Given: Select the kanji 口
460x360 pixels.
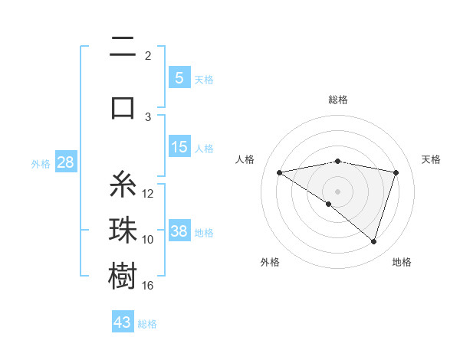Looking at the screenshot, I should pyautogui.click(x=123, y=106).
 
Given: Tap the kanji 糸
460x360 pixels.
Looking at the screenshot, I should pyautogui.click(x=123, y=185).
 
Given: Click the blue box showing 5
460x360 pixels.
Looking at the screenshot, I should pyautogui.click(x=179, y=77).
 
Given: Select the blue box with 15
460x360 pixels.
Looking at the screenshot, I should pyautogui.click(x=179, y=147).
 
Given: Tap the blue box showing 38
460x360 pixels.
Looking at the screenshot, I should pyautogui.click(x=179, y=231).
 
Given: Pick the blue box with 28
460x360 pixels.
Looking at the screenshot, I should pyautogui.click(x=64, y=162).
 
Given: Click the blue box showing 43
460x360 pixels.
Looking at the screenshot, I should pyautogui.click(x=123, y=322).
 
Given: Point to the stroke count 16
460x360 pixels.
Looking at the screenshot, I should pyautogui.click(x=148, y=286).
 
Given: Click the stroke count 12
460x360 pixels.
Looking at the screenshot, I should pyautogui.click(x=148, y=193).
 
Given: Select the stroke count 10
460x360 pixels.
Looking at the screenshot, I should pyautogui.click(x=148, y=240).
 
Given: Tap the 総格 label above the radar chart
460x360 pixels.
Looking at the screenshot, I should pyautogui.click(x=337, y=100).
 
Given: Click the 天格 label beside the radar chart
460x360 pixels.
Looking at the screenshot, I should pyautogui.click(x=432, y=159).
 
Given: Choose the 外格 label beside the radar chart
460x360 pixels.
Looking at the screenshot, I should pyautogui.click(x=270, y=262).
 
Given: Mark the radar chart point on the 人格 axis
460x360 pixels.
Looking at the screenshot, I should pyautogui.click(x=279, y=172).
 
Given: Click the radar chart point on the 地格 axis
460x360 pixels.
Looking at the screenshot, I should pyautogui.click(x=373, y=241).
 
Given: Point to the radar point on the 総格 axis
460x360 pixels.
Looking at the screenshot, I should pyautogui.click(x=337, y=161).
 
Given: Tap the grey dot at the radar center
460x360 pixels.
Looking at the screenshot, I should pyautogui.click(x=337, y=191).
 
